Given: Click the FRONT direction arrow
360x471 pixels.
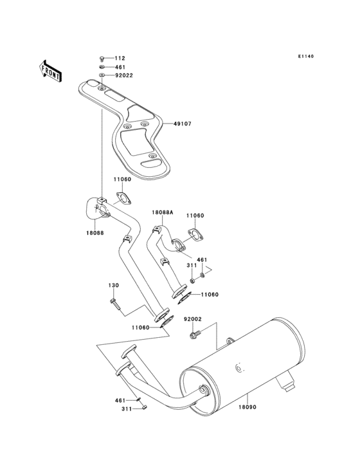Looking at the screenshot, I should point(51,69).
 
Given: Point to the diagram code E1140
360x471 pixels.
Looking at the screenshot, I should point(305,57).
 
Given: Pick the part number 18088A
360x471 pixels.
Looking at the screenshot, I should point(162,212).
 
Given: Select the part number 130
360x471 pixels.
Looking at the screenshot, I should point(113,285).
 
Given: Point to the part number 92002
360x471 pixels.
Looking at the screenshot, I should point(193,319).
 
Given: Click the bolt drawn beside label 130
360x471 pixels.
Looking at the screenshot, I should point(114,302).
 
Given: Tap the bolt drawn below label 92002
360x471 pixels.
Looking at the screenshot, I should point(194,334).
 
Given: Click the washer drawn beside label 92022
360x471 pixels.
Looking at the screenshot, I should point(103,76).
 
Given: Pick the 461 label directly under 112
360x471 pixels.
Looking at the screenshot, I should point(120,67).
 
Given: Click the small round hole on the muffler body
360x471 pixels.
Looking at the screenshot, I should point(239,369).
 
